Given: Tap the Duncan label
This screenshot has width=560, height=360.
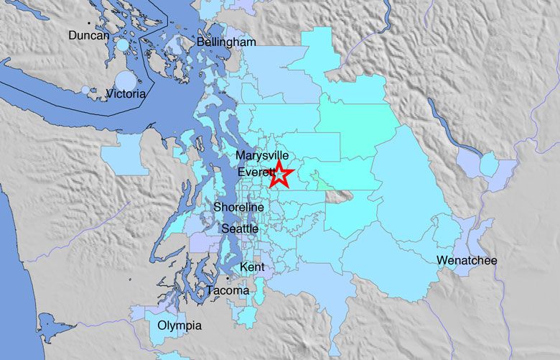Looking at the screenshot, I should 89,35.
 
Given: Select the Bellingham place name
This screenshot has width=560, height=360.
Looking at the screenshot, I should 227,43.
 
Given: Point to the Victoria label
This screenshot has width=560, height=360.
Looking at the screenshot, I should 126,93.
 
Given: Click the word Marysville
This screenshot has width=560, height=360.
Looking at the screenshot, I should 263,156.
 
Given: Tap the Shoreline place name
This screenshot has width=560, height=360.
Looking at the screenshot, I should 239,208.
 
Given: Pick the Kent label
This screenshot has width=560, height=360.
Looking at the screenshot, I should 252,267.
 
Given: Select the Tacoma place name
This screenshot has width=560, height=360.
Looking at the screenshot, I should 228,290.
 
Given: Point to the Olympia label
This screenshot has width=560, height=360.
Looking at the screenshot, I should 179,326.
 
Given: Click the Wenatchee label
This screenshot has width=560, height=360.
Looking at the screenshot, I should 466,260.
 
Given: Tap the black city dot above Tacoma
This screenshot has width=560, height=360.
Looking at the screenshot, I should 228,278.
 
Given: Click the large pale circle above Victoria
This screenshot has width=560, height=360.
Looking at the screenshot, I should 126,80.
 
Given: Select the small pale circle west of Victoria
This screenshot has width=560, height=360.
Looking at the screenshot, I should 86,91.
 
